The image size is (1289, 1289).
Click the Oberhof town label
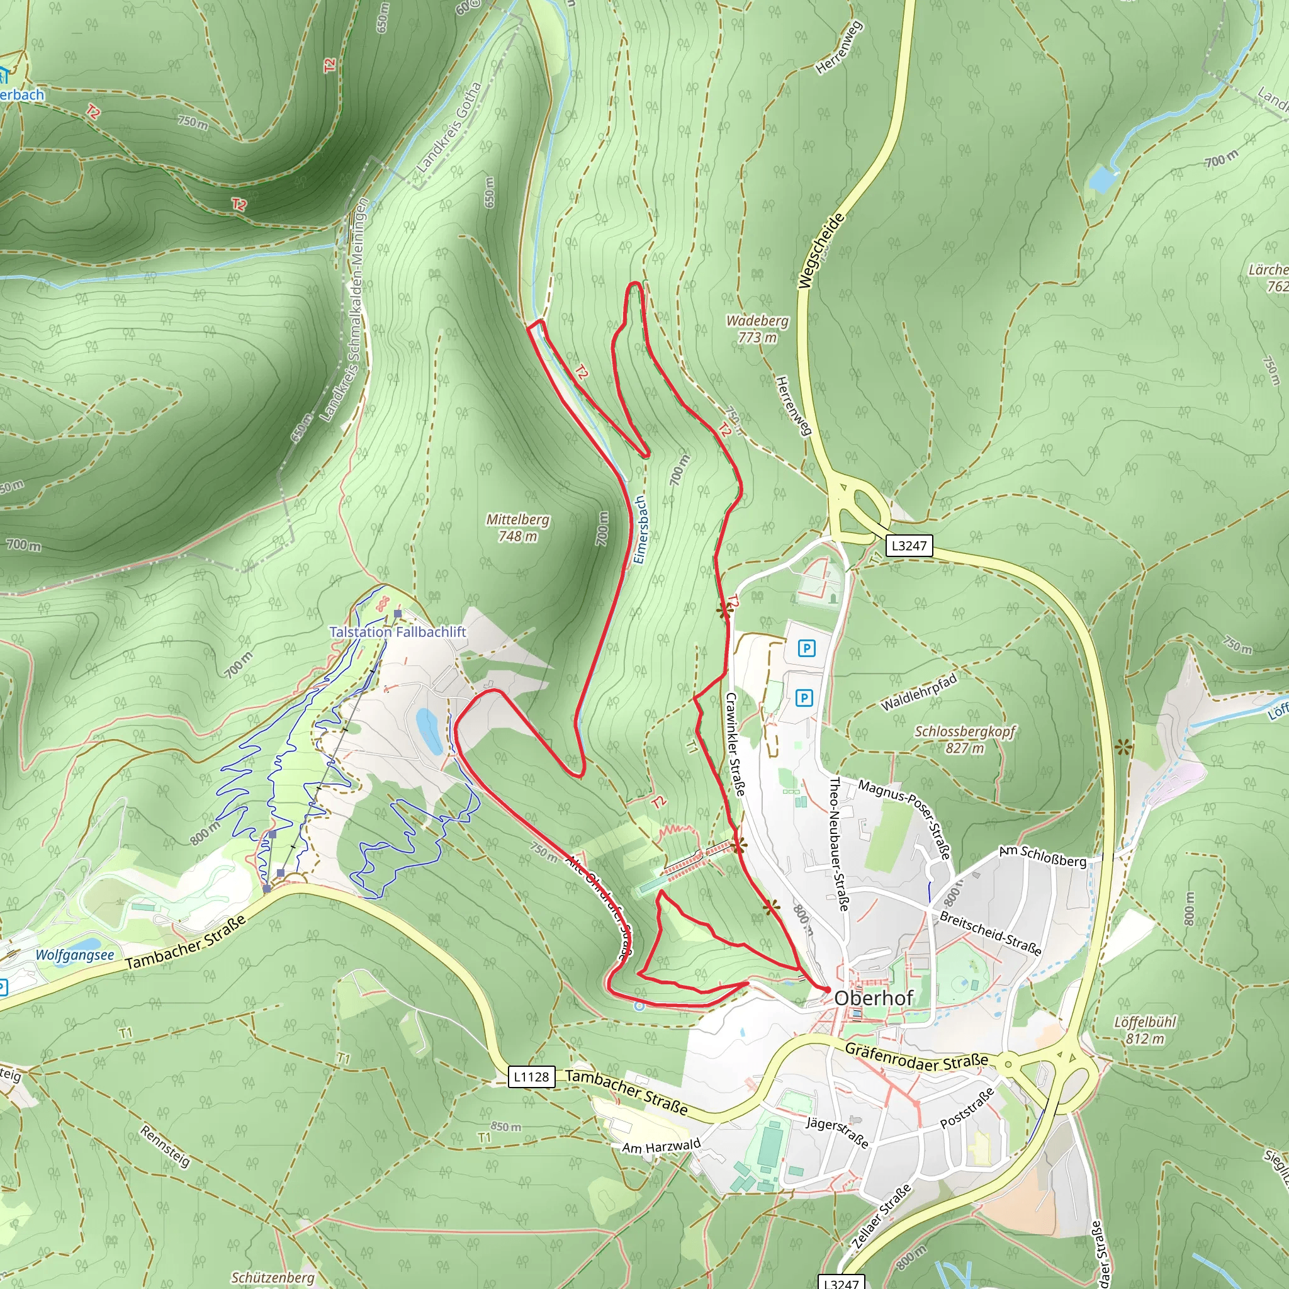[x=874, y=998]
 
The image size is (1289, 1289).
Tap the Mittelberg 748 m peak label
[x=518, y=527]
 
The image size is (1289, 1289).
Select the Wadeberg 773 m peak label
[x=757, y=329]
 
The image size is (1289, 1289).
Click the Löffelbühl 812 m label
[x=1145, y=1030]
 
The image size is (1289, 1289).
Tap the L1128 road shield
[x=531, y=1076]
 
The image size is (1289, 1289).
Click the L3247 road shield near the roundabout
[x=909, y=545]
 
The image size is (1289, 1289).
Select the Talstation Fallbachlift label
[x=398, y=632]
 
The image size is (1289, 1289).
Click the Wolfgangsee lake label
[x=75, y=955]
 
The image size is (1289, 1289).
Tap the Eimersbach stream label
[x=639, y=530]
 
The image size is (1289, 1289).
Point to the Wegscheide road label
[x=821, y=251]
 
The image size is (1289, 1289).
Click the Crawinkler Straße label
[x=735, y=744]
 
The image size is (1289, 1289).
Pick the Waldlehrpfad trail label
[x=919, y=692]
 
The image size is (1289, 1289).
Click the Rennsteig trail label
[x=165, y=1146]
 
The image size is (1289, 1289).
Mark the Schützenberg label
[x=273, y=1277]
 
